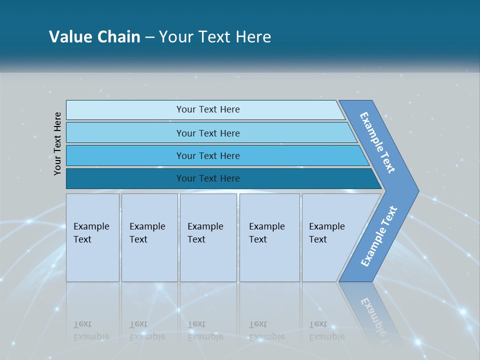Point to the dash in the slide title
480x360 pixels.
pos(149,37)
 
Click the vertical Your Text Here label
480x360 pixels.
pos(57,143)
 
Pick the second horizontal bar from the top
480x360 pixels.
pos(207,133)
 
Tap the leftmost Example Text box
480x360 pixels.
pos(92,237)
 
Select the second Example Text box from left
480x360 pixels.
pos(149,237)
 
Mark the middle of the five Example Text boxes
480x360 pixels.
pos(208,237)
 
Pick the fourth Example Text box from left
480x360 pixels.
pos(269,237)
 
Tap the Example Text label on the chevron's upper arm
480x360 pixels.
pos(377,143)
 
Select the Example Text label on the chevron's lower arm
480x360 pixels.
pos(379,236)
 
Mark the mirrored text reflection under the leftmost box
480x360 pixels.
pos(91,330)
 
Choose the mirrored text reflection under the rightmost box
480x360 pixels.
pos(327,330)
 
